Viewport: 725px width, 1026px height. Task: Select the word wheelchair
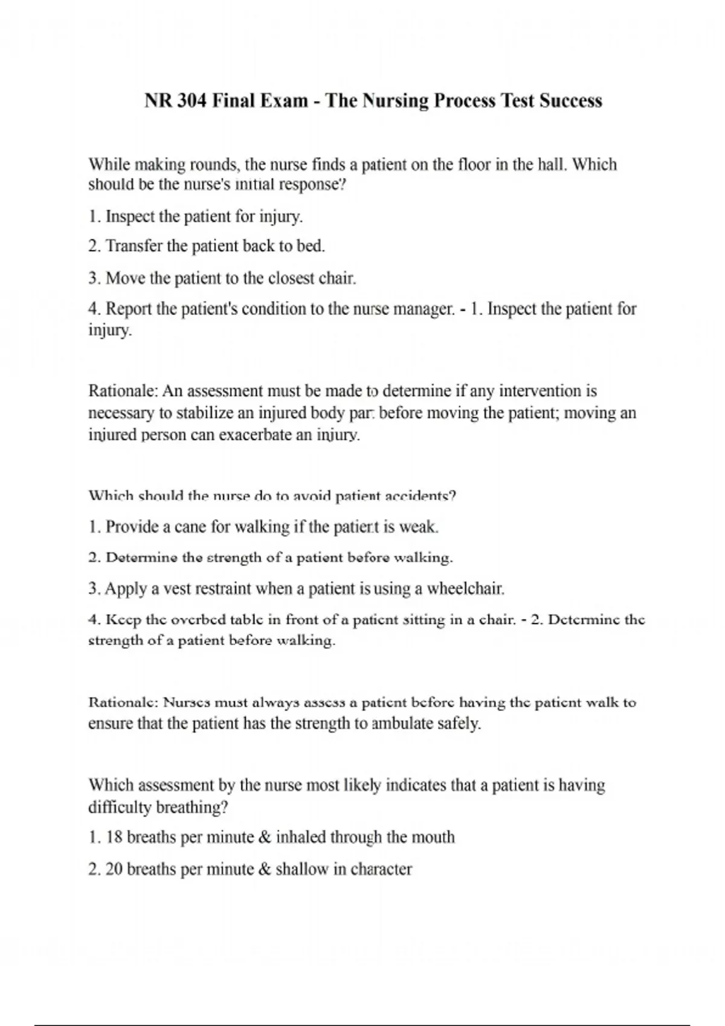465,588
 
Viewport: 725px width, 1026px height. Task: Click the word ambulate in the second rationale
402,723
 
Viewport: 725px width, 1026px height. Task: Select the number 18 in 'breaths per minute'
114,838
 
